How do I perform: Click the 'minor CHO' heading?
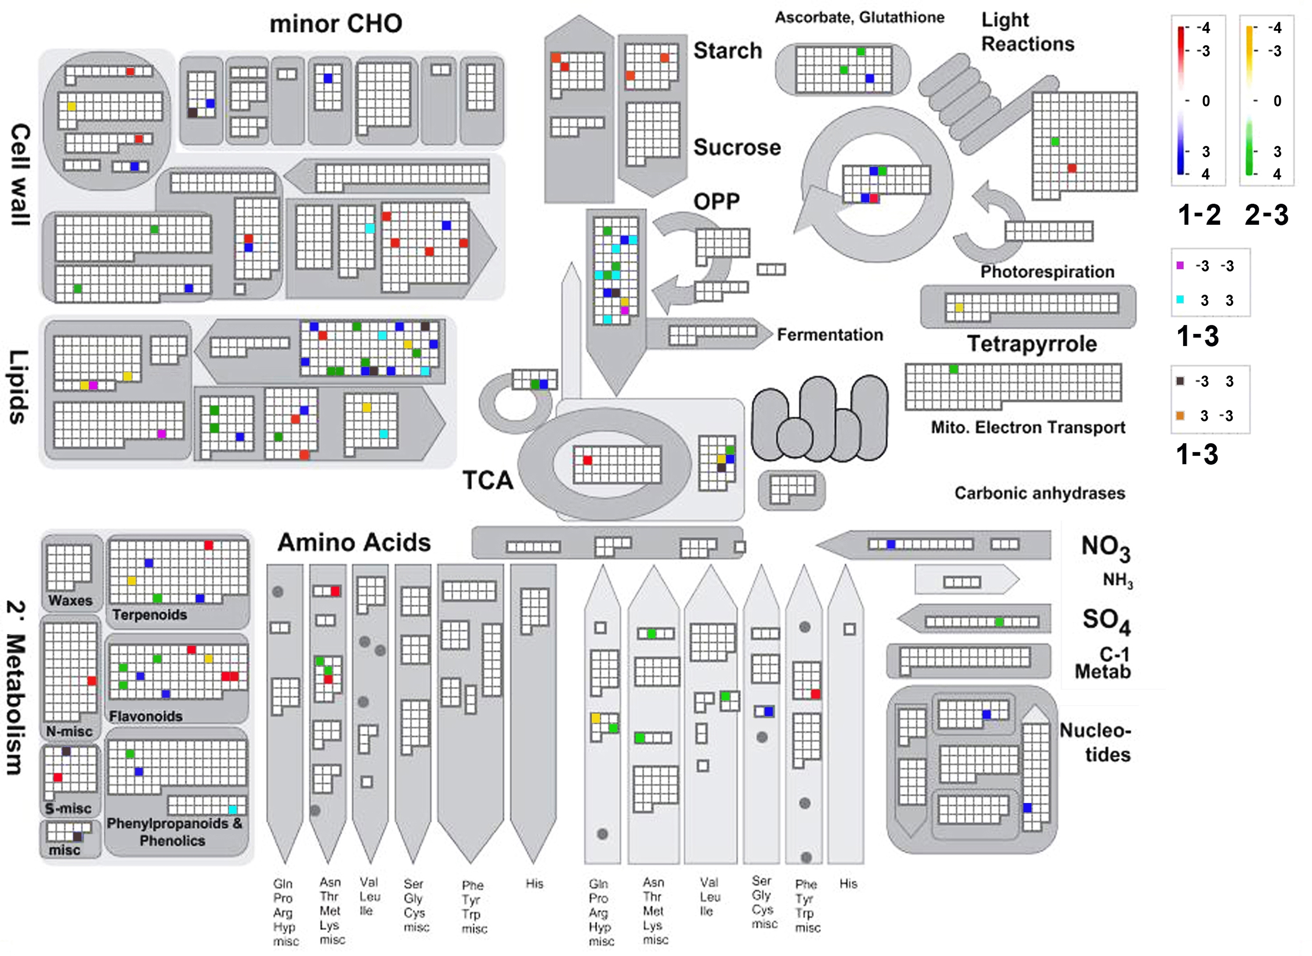point(336,24)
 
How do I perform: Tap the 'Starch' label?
point(728,51)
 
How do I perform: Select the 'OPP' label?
point(717,201)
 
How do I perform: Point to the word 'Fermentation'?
point(830,335)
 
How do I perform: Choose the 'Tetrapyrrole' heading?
point(1032,344)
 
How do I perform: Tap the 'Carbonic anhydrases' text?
point(1040,493)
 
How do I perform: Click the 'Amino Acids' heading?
point(354,542)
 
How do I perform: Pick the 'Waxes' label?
point(70,600)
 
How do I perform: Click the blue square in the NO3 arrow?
point(891,544)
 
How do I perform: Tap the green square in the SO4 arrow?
point(999,622)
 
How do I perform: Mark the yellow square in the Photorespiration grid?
point(959,308)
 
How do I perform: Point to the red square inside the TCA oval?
point(587,461)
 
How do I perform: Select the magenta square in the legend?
point(1180,266)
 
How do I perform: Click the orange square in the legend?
point(1180,415)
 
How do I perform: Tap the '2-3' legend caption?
point(1267,215)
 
